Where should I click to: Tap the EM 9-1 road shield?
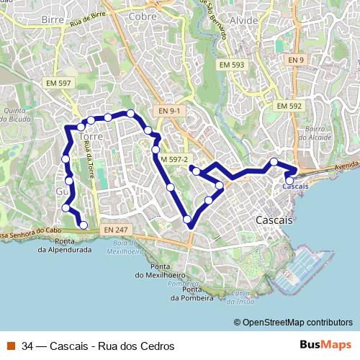coord(170,110)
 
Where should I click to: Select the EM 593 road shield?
coord(232,65)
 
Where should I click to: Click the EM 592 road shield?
coord(289,106)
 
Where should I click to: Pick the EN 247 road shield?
coord(114,229)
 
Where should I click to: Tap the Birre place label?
coord(53,19)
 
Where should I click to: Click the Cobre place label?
coord(142,15)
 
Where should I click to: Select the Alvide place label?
coord(247,20)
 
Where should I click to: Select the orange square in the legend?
coord(12,346)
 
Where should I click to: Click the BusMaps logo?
coord(325,346)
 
